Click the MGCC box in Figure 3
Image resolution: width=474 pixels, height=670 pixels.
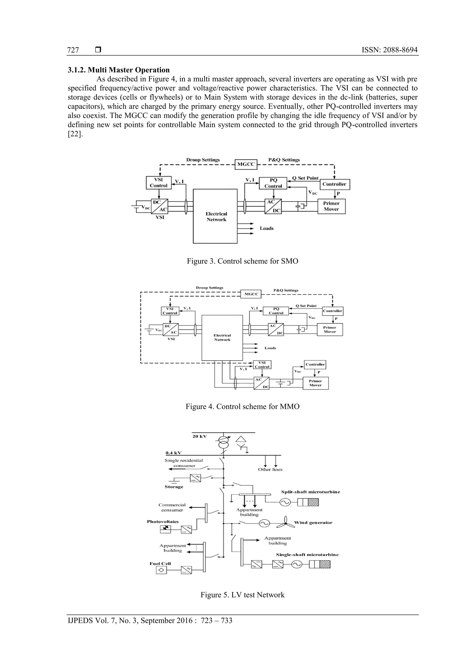point(246,164)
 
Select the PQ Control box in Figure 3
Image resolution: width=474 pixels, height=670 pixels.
point(273,183)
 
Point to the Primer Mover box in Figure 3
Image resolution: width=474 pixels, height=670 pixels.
point(331,206)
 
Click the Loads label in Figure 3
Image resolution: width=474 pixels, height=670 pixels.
point(266,228)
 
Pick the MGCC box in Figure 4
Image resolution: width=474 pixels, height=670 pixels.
point(251,294)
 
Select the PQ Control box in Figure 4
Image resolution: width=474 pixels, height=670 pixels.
point(276,311)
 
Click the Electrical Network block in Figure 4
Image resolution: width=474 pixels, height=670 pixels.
point(222,338)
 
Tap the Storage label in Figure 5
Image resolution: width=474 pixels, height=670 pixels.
point(174,487)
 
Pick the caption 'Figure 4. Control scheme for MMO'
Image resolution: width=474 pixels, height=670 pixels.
point(242,407)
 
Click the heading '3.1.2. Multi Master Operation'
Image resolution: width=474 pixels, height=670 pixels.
point(118,70)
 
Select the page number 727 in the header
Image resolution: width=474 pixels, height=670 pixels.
point(73,50)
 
